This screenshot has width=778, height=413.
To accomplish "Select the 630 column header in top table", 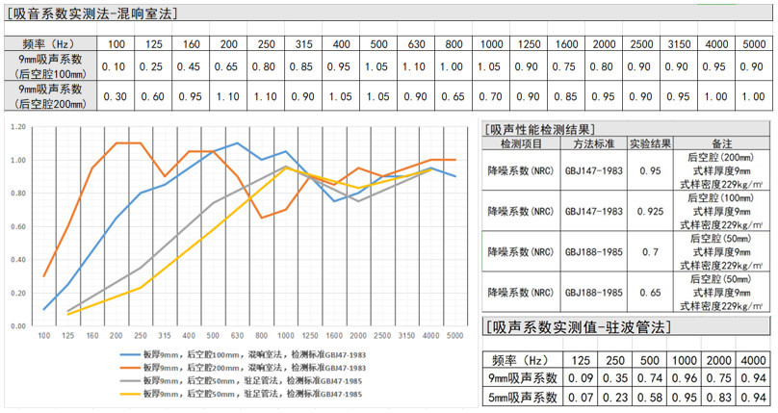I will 415,44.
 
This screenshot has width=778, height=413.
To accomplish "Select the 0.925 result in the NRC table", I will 652,209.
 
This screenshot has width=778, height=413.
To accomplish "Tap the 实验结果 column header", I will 652,143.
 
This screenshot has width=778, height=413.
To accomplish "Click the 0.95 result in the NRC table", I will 652,169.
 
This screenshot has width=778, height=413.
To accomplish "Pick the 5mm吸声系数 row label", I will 521,396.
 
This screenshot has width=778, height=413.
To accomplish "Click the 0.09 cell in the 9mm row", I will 580,377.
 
